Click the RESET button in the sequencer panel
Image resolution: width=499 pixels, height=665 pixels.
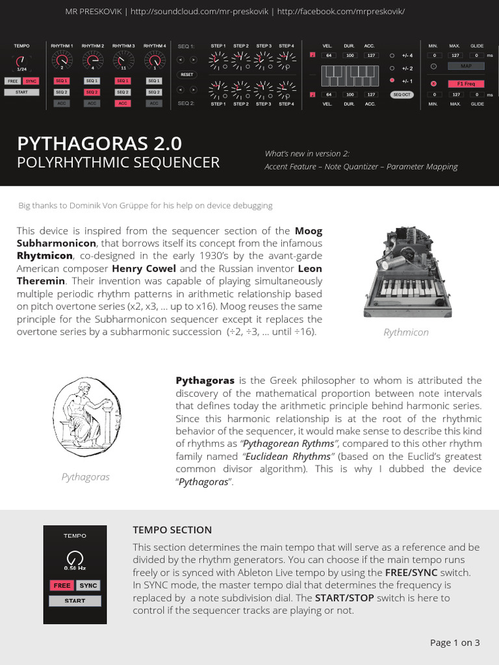coord(186,75)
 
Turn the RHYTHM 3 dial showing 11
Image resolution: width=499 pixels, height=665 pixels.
coord(123,60)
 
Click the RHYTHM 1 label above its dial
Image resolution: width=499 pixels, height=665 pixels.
coord(62,46)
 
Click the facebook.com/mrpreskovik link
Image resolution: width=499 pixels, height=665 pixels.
coord(340,12)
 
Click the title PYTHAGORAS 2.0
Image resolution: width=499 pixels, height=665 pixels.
coord(99,143)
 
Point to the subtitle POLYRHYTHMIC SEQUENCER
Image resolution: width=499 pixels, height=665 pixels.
coord(118,162)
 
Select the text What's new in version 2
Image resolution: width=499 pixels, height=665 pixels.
coord(307,153)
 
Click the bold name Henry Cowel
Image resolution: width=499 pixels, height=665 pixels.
coord(138,268)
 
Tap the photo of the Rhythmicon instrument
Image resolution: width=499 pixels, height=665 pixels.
coord(406,273)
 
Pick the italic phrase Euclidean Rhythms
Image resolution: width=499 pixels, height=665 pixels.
coord(289,457)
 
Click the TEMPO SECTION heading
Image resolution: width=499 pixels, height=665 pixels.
coord(172,530)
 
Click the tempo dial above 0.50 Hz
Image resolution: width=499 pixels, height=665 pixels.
coord(75,557)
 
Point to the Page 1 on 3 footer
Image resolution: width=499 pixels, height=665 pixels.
coord(455,643)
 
